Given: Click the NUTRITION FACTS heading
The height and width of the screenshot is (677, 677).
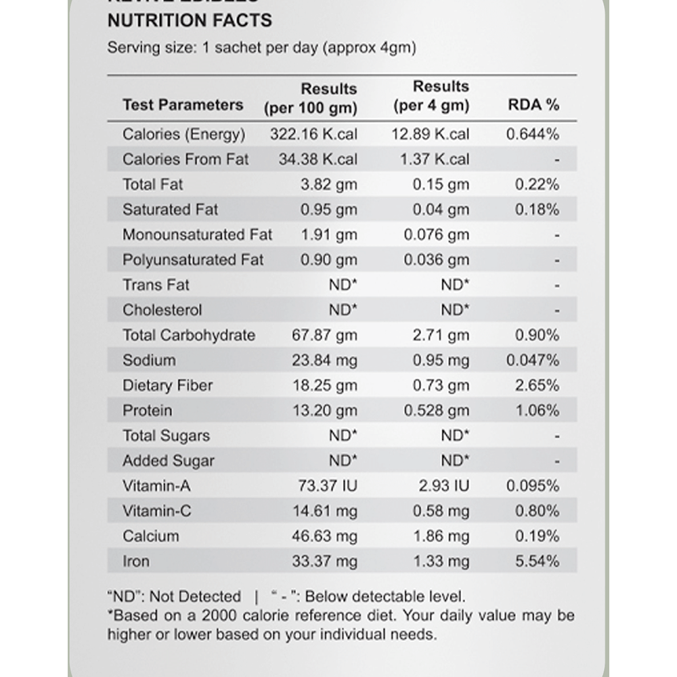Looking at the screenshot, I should [x=190, y=20].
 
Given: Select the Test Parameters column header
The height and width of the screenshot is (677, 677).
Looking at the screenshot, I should [x=183, y=105].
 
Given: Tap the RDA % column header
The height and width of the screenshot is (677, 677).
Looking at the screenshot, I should [x=533, y=105].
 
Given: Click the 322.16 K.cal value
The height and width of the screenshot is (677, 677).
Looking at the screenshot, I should [x=313, y=134].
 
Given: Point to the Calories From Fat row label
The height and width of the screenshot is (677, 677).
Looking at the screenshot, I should [x=185, y=159].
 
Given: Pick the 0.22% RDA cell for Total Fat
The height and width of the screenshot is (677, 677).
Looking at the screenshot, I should [x=537, y=184].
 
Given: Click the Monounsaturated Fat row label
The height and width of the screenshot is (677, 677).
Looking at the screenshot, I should [x=197, y=235].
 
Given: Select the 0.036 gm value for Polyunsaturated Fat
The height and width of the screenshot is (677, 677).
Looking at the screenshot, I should [x=436, y=260].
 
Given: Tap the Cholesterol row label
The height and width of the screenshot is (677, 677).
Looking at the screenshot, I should [x=162, y=310].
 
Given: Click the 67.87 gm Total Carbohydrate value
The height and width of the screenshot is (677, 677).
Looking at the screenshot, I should [x=324, y=335].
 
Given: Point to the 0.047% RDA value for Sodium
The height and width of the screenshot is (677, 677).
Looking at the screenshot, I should [x=533, y=360].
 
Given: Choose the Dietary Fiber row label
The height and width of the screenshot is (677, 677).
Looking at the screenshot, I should [x=167, y=385].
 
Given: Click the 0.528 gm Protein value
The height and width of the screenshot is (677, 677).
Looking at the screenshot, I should [x=436, y=410].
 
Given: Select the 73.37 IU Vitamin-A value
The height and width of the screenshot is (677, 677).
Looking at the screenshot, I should [x=328, y=486].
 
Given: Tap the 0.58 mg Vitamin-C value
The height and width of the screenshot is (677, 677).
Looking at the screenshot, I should [x=441, y=511].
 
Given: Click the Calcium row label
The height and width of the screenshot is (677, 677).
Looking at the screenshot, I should [x=151, y=536].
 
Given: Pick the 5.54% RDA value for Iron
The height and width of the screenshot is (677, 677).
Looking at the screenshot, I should [x=537, y=561].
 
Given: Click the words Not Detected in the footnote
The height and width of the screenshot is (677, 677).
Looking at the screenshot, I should [x=195, y=597].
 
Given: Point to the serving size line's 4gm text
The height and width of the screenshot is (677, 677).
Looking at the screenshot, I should [x=397, y=48].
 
